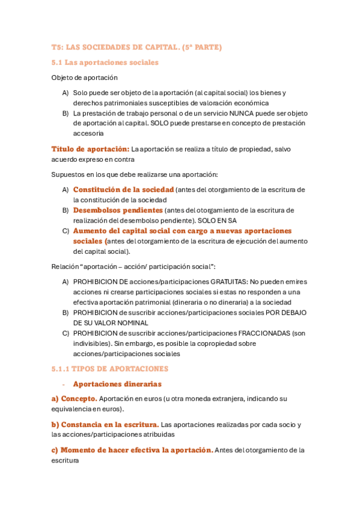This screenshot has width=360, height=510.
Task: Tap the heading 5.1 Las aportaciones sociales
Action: (x=105, y=62)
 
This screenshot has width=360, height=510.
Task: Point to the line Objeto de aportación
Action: (x=84, y=78)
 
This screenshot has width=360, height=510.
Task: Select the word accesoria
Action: (x=88, y=134)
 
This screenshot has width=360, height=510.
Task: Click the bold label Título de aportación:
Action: (x=90, y=149)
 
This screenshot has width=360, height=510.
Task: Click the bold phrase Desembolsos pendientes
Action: (x=118, y=210)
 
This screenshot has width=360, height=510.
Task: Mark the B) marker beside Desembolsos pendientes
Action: (x=65, y=210)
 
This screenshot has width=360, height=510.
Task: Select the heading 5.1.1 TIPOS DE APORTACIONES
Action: (x=109, y=369)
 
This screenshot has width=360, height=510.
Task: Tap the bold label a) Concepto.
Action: (x=74, y=399)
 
